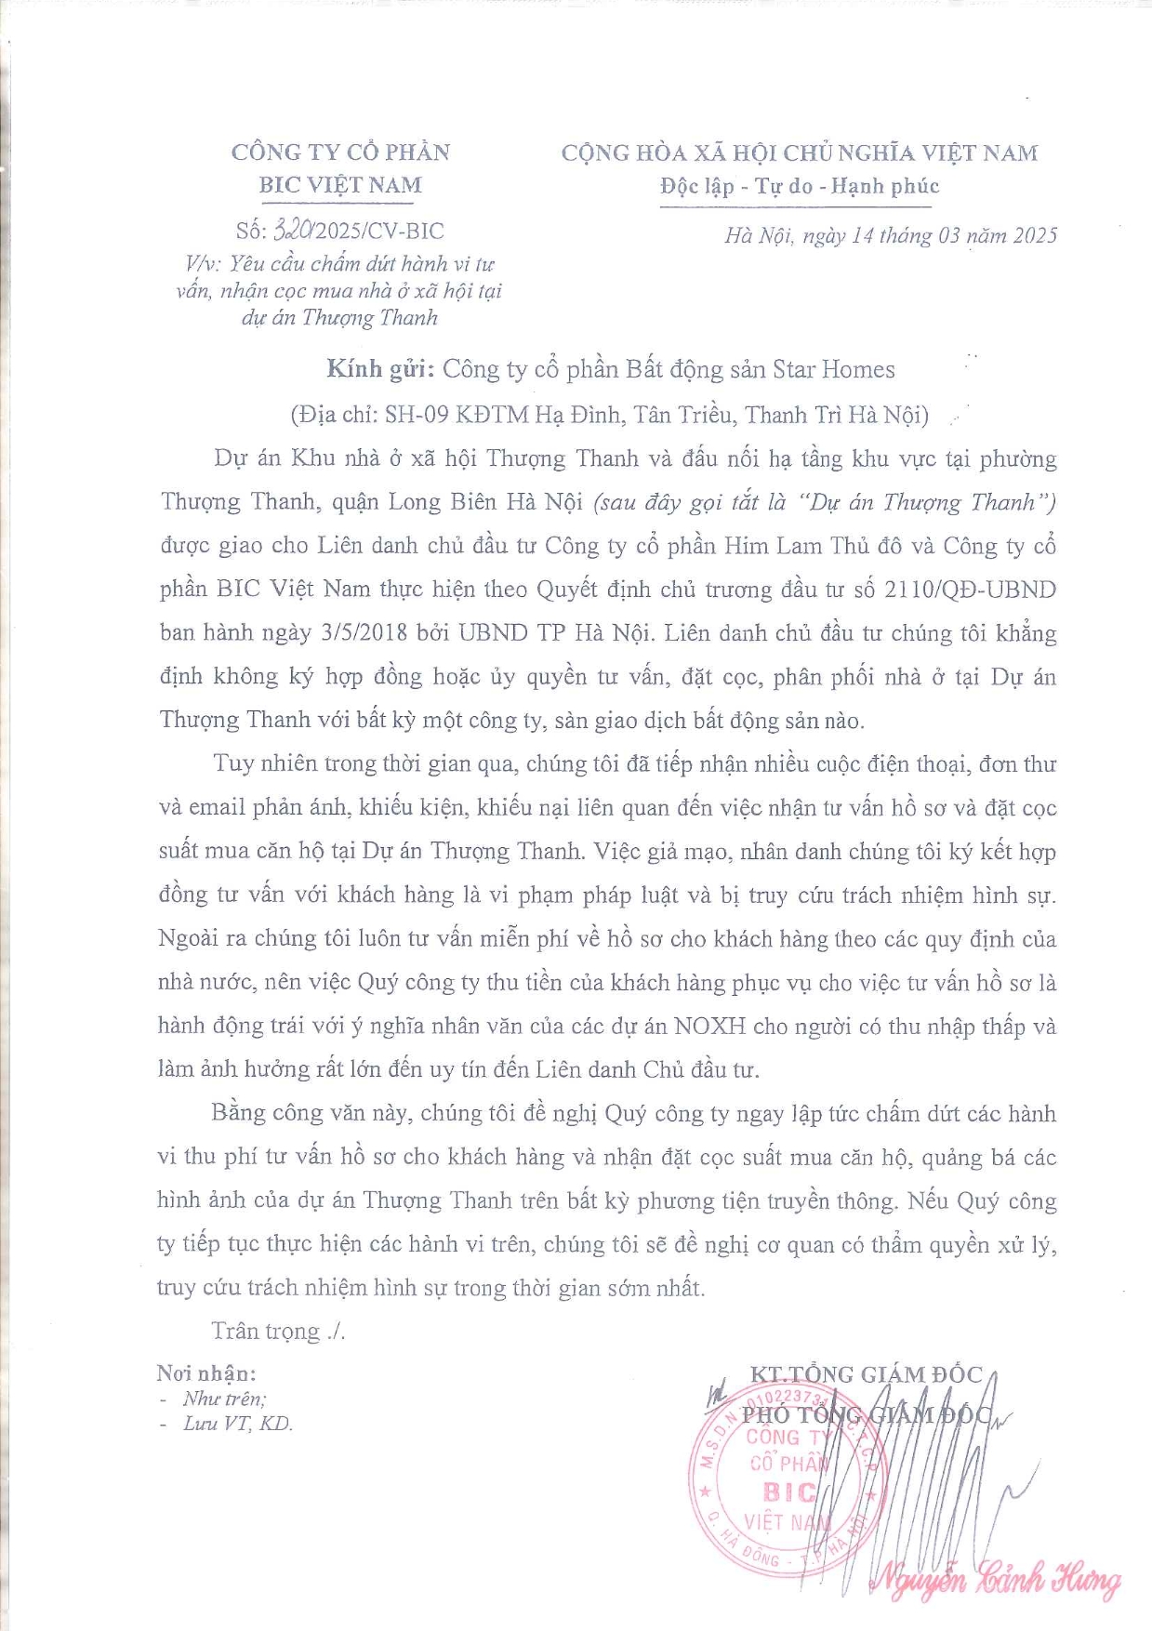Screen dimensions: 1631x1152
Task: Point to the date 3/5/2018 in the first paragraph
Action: point(364,633)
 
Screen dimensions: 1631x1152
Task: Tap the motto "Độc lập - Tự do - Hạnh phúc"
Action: point(800,186)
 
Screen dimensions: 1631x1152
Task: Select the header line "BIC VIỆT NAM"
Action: point(340,185)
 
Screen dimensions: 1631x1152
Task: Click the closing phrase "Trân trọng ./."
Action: point(278,1332)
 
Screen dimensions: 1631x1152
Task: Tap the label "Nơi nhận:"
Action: point(206,1373)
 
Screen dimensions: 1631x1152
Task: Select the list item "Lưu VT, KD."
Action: point(237,1424)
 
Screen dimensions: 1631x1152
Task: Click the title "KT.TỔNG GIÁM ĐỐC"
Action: point(866,1374)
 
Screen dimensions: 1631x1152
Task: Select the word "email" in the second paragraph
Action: point(217,807)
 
